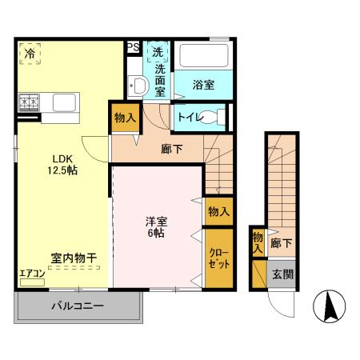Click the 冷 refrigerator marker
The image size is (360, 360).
[x=29, y=54]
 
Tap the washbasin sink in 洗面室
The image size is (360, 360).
[x=137, y=86]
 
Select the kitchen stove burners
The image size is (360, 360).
[x=29, y=102]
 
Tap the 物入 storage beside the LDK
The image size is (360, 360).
[x=125, y=118]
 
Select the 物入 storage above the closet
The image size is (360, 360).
[x=219, y=211]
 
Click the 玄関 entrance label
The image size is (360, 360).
[x=282, y=274]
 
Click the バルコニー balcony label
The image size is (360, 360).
[x=78, y=306]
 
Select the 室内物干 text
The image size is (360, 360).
[x=74, y=258]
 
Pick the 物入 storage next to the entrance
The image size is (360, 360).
[x=258, y=242]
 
